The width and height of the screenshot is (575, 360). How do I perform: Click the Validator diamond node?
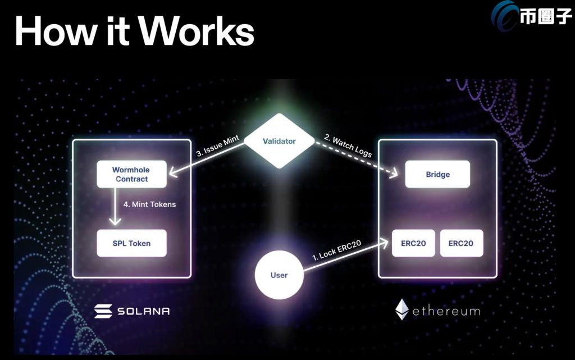(x=280, y=141)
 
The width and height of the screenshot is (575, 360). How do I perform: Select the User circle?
(x=279, y=275)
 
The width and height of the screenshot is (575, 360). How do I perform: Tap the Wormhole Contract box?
(x=131, y=174)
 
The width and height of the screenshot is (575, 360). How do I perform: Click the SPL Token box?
(x=131, y=243)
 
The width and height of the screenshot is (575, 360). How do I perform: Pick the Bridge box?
(x=437, y=174)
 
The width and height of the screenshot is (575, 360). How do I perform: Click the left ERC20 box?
(x=413, y=243)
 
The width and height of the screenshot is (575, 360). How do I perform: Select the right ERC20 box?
(x=462, y=243)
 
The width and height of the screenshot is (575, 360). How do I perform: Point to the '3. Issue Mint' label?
(x=217, y=145)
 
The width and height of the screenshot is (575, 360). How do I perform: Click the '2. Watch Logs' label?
(x=348, y=145)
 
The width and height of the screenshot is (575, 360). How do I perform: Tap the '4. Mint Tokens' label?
(x=149, y=204)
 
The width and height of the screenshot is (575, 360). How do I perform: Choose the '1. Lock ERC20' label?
(x=336, y=250)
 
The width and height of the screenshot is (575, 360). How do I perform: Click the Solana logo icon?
(x=103, y=311)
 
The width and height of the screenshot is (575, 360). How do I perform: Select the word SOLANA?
(x=143, y=311)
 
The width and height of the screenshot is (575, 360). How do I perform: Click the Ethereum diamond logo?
(x=402, y=309)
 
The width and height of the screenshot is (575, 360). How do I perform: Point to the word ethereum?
(x=446, y=311)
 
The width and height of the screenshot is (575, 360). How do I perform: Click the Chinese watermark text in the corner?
(x=545, y=17)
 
